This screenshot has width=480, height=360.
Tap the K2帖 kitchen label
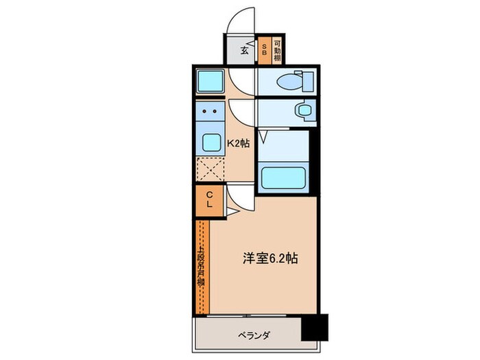(x=238, y=144)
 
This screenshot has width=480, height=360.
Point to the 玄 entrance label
(x=244, y=49)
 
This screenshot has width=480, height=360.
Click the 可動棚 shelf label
(x=277, y=49)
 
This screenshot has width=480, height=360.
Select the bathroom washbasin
(x=300, y=110)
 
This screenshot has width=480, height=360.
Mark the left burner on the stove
(x=204, y=110)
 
